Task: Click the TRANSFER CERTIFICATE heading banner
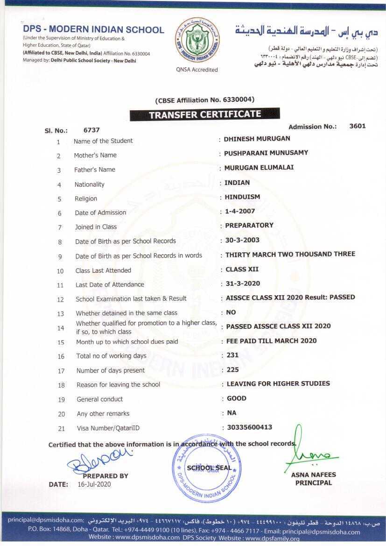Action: coord(205,114)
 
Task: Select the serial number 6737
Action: coord(91,130)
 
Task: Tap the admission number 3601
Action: coord(357,126)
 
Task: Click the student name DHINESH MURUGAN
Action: coord(257,138)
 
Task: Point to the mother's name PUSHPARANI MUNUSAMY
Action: coord(266,153)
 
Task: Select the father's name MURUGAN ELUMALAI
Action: coord(259,167)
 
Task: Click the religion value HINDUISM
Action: coord(242,197)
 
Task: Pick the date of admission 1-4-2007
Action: coord(240,211)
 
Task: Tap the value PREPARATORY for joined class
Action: coord(249,225)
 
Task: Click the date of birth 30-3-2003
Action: coord(242,240)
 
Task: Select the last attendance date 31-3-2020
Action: coord(243,283)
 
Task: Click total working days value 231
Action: coord(232,355)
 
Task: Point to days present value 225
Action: coord(232,370)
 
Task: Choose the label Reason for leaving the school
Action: coord(118,384)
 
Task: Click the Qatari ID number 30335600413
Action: coord(249,427)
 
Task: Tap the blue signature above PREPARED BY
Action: coord(99,460)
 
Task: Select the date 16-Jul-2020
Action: coord(94,484)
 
